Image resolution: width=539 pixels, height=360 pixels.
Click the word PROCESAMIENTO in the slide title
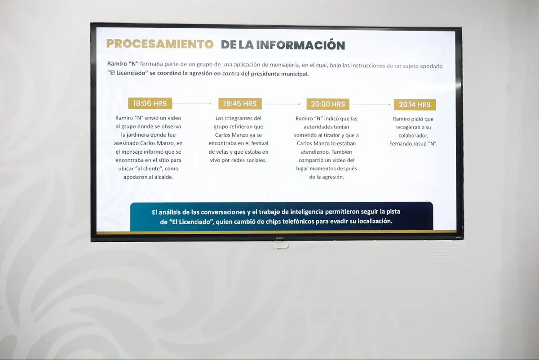[159, 44]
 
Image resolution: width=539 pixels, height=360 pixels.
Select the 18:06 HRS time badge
[150, 103]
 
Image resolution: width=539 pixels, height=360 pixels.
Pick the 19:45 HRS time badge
[240, 104]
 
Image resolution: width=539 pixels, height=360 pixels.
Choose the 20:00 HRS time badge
[328, 104]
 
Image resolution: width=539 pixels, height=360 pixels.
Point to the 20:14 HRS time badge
[415, 105]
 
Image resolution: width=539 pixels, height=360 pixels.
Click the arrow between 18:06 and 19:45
[192, 103]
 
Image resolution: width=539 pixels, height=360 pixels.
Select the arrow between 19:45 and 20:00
[281, 104]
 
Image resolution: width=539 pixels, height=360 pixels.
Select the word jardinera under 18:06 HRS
[135, 134]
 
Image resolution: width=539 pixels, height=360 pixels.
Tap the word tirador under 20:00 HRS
[339, 135]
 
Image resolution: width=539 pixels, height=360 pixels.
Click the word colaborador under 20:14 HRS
[414, 135]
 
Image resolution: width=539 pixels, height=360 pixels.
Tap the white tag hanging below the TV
[281, 245]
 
